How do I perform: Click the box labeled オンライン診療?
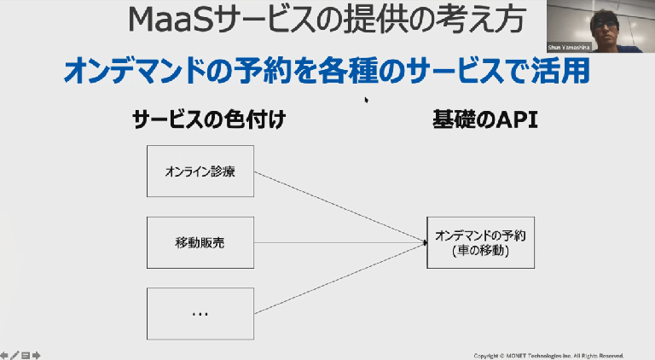coord(200,171)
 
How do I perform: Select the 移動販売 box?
coord(200,243)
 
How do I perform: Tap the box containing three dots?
coord(200,314)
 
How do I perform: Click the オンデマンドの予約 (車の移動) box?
coord(480,243)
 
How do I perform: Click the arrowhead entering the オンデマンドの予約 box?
coord(423,243)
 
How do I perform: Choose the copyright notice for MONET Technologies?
coord(548,355)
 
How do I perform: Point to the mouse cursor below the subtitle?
coord(367,100)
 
